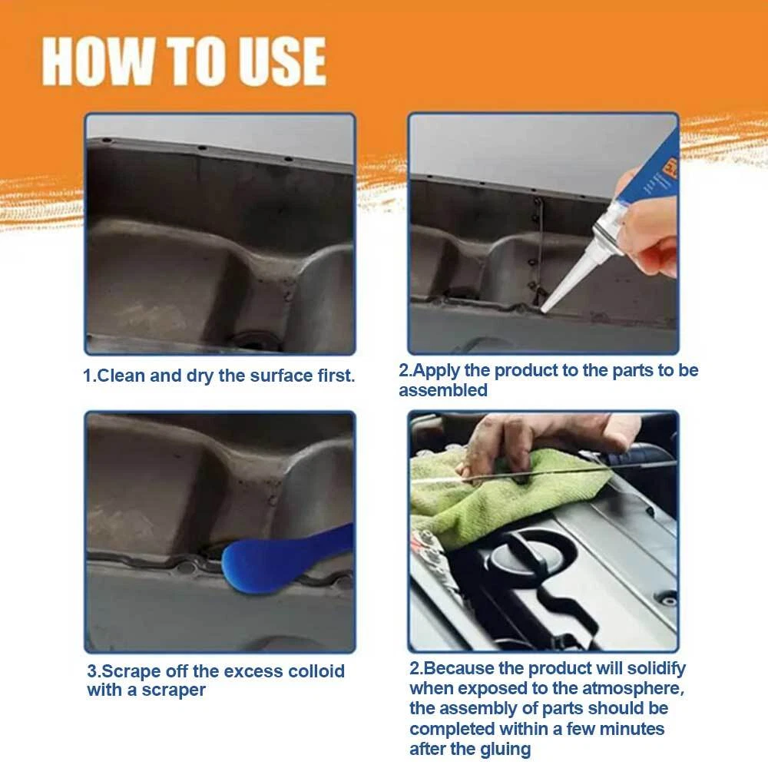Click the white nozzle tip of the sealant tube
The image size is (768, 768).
coord(545,308)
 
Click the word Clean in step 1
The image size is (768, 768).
coord(121,376)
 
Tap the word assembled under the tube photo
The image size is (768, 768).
coord(443,390)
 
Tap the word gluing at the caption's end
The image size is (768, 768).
coord(507,750)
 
